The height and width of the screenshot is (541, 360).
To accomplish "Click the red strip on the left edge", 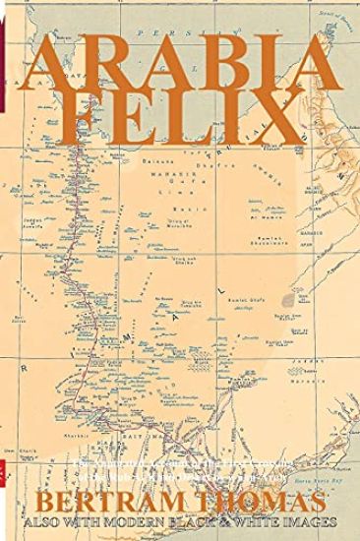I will point(3,59).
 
